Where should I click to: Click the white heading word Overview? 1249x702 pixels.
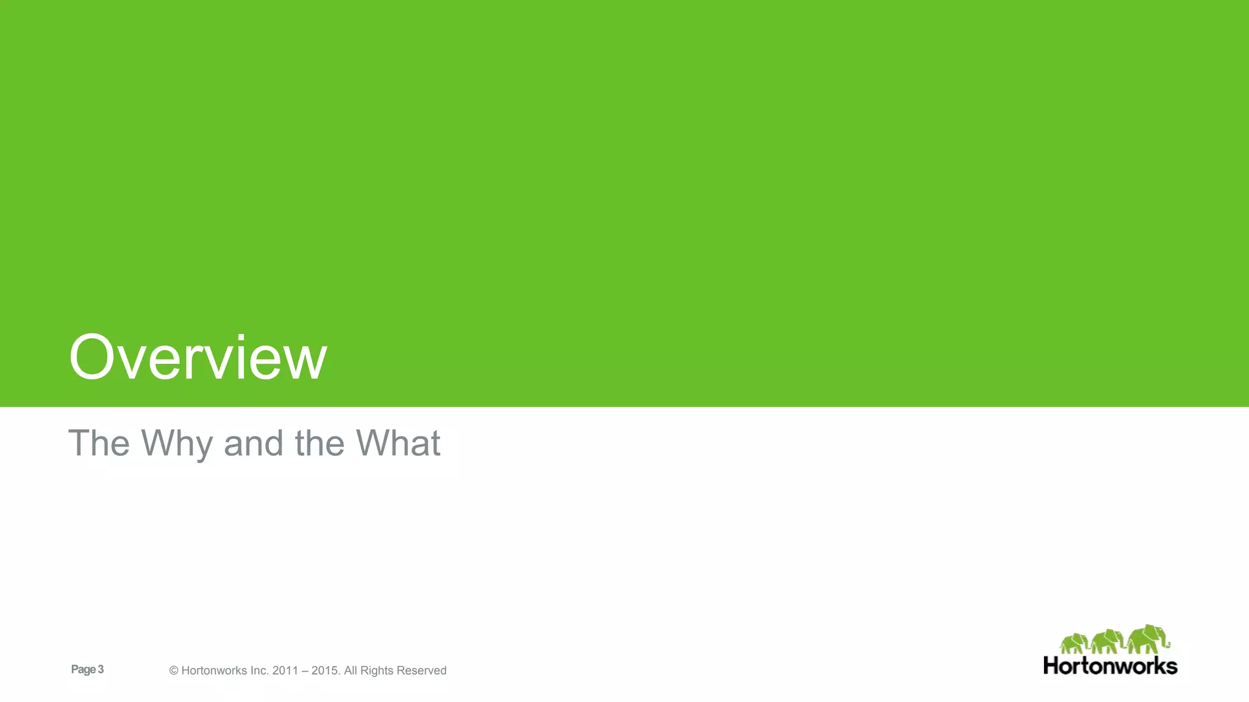pyautogui.click(x=198, y=358)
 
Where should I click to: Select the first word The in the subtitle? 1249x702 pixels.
pyautogui.click(x=99, y=443)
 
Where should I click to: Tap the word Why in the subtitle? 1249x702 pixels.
pyautogui.click(x=177, y=444)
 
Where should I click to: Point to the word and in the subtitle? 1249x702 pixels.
pyautogui.click(x=253, y=443)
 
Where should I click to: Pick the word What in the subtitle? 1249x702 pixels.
pyautogui.click(x=398, y=443)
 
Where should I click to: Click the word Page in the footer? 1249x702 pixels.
pyautogui.click(x=83, y=670)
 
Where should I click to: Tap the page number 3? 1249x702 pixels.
pyautogui.click(x=101, y=670)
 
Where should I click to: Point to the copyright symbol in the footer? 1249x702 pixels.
pyautogui.click(x=174, y=671)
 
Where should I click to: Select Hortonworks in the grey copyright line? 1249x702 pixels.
pyautogui.click(x=214, y=671)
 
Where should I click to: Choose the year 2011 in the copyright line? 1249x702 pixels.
pyautogui.click(x=285, y=671)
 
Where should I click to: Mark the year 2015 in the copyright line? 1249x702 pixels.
pyautogui.click(x=324, y=671)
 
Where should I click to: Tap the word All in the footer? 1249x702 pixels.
pyautogui.click(x=351, y=671)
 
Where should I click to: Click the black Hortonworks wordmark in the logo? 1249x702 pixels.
pyautogui.click(x=1110, y=666)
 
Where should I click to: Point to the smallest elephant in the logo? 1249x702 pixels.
pyautogui.click(x=1074, y=644)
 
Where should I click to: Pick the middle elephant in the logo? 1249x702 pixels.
pyautogui.click(x=1107, y=642)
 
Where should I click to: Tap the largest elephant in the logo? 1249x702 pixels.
pyautogui.click(x=1148, y=639)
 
